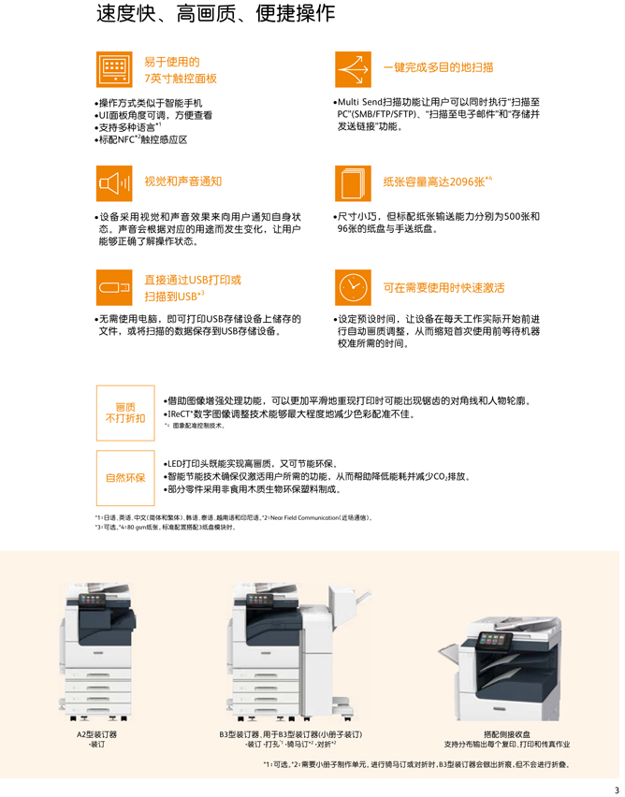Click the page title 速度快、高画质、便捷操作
[215, 15]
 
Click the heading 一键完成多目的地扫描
[439, 67]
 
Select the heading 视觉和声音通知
[183, 181]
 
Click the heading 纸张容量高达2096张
[437, 181]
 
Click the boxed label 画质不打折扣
[125, 413]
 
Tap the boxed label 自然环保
[125, 477]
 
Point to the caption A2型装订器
[97, 734]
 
